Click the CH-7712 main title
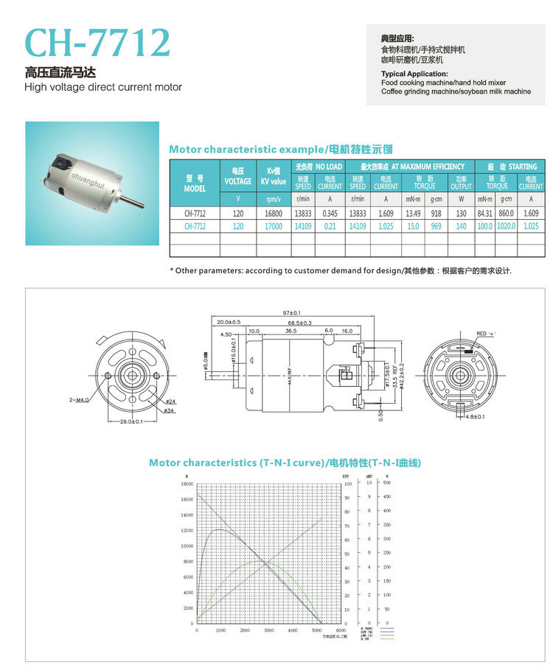[x=97, y=44]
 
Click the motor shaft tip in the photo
[x=141, y=204]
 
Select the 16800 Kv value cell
[x=273, y=213]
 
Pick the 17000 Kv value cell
[x=273, y=227]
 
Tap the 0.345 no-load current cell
[x=330, y=213]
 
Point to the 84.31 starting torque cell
[x=484, y=213]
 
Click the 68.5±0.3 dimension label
[x=299, y=323]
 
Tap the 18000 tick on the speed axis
[x=187, y=484]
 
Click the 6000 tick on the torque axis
[x=341, y=630]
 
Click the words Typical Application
[x=414, y=74]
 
